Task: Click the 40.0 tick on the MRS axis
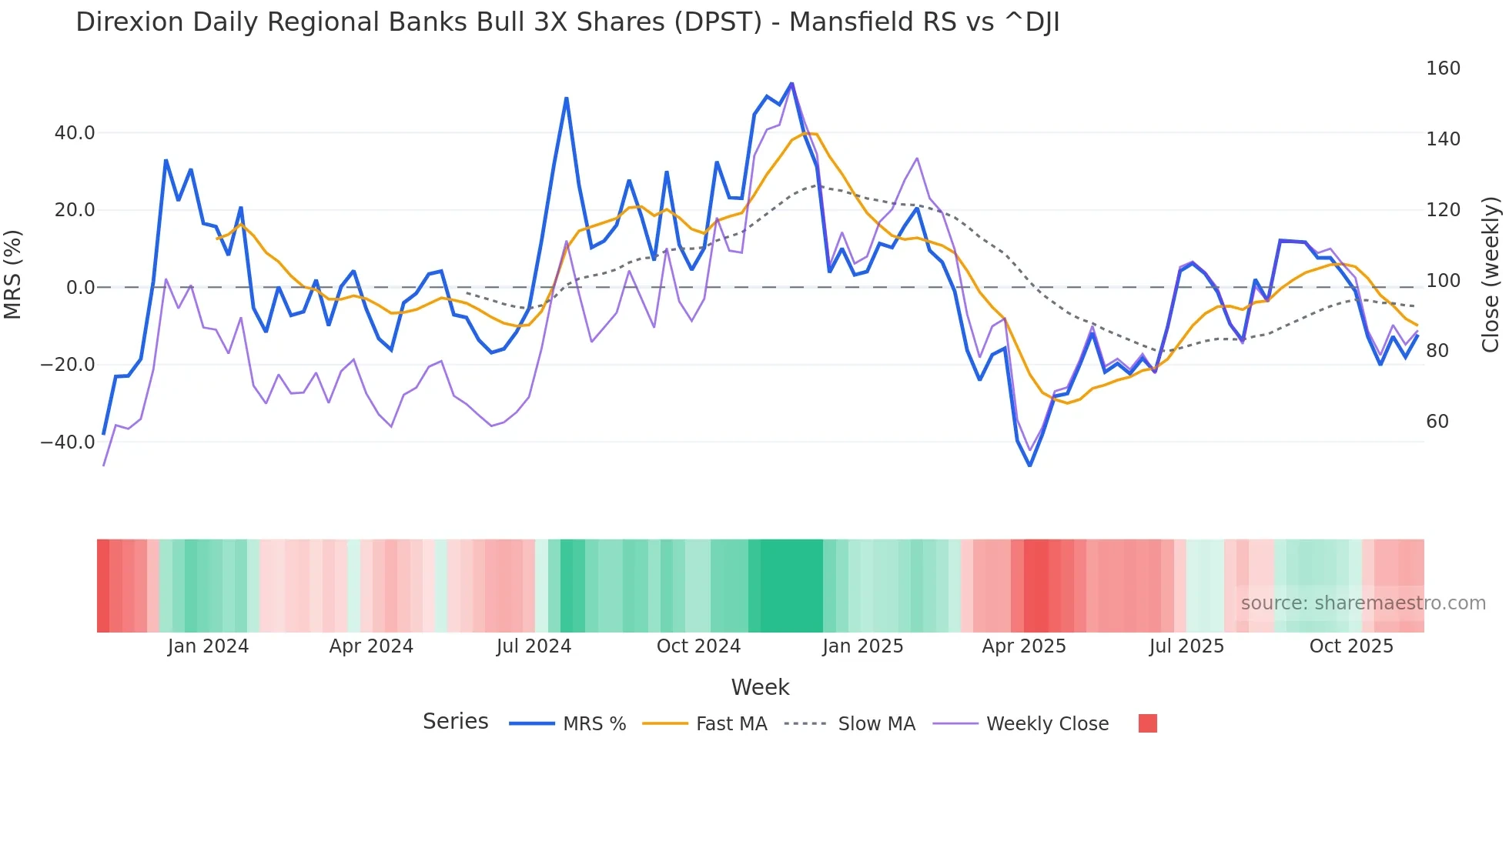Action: click(75, 133)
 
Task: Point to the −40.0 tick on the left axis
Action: click(68, 442)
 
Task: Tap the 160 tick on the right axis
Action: click(1443, 68)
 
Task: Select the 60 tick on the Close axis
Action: click(1437, 422)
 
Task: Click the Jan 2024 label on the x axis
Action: click(208, 646)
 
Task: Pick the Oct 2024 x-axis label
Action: click(698, 646)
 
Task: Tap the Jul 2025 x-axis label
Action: click(1186, 646)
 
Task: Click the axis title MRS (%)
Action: click(13, 274)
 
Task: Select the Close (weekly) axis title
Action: click(1491, 275)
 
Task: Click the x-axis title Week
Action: click(760, 687)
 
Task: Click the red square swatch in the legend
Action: click(1147, 723)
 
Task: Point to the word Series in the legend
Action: click(455, 722)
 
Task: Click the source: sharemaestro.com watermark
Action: click(1363, 603)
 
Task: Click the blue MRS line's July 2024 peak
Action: click(567, 98)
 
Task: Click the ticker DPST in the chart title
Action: click(718, 22)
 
